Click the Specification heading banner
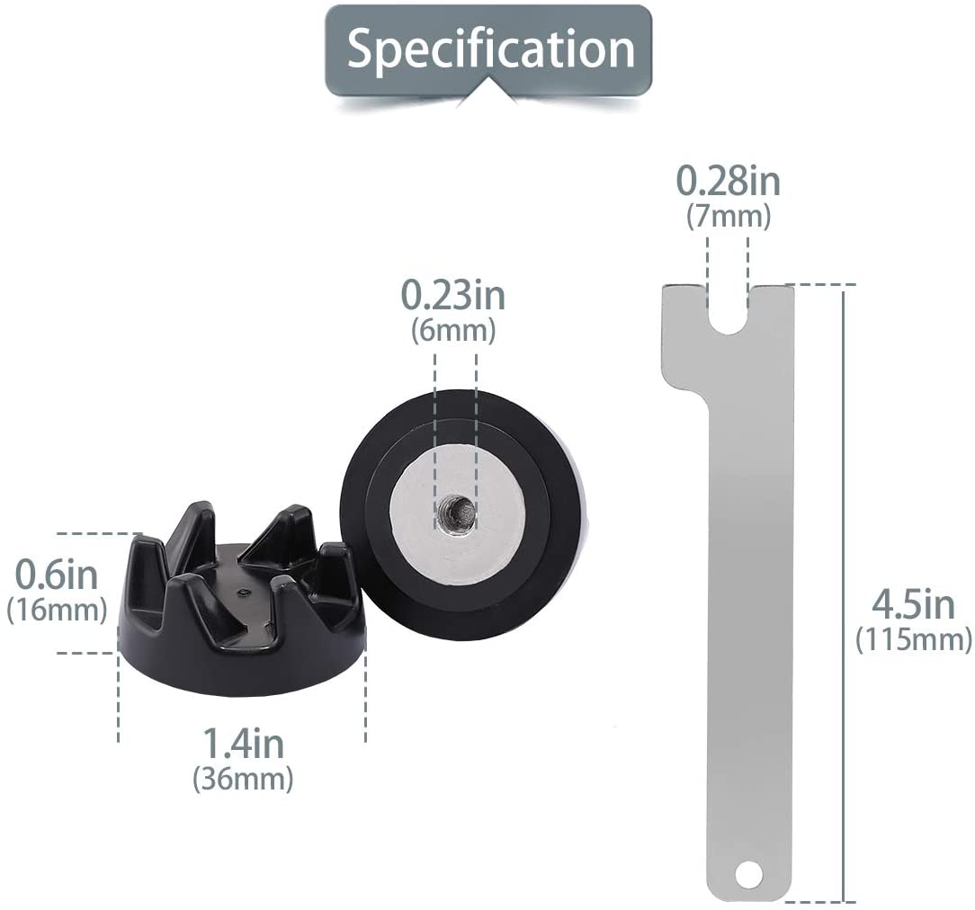click(x=489, y=49)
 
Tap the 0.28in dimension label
click(x=729, y=182)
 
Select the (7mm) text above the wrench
click(x=729, y=217)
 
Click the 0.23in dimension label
click(x=453, y=295)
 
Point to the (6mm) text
click(x=453, y=330)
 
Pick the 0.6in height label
click(x=56, y=575)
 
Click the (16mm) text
click(x=57, y=610)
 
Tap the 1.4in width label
click(x=243, y=743)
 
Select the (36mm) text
click(x=243, y=778)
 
